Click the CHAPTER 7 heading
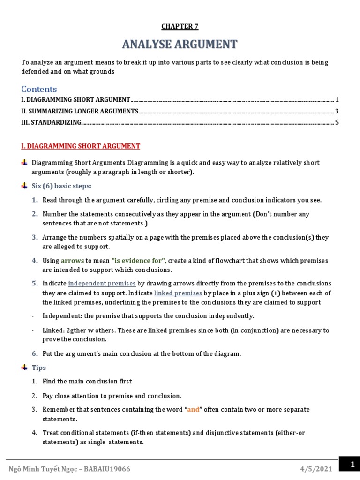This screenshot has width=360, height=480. pos(180,26)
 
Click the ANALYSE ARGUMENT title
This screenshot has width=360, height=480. pos(180,45)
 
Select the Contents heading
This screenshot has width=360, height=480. pos(39,89)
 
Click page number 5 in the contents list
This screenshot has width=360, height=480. pos(337,123)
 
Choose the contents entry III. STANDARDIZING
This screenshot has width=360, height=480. pos(51,123)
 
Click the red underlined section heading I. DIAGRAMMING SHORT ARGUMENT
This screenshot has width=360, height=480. pos(81,146)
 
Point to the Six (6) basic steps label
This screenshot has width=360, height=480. pos(61,186)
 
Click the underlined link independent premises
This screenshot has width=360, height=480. pos(102,284)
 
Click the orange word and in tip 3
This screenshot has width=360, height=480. pos(193,409)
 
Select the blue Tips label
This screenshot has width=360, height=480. pos(38,367)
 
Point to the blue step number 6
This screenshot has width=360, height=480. pos(35,353)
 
